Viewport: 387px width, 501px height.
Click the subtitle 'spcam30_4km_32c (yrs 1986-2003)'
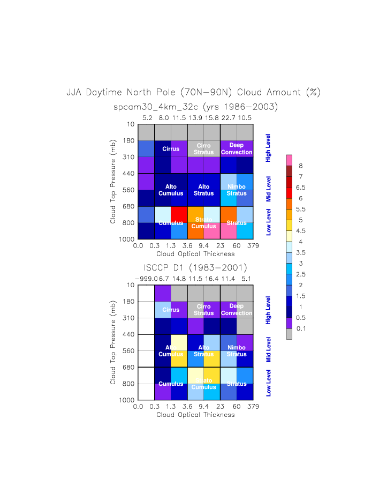(x=195, y=107)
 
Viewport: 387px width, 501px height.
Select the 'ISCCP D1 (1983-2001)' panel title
(x=195, y=267)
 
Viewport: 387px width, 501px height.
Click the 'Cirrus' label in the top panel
(x=171, y=149)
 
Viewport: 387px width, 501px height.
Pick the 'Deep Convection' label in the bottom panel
(x=236, y=310)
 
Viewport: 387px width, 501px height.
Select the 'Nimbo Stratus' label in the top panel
(x=236, y=190)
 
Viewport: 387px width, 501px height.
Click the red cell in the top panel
(x=179, y=214)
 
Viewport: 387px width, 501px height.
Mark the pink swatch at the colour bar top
(x=289, y=160)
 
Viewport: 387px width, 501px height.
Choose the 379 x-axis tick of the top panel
(x=253, y=246)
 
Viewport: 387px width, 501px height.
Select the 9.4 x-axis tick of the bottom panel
(x=204, y=407)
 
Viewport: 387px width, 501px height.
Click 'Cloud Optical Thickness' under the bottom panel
(x=195, y=415)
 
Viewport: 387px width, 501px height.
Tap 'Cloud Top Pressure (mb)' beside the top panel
(x=113, y=182)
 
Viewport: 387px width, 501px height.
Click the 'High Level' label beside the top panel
(x=269, y=148)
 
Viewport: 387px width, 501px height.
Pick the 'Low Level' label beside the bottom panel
(x=269, y=383)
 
